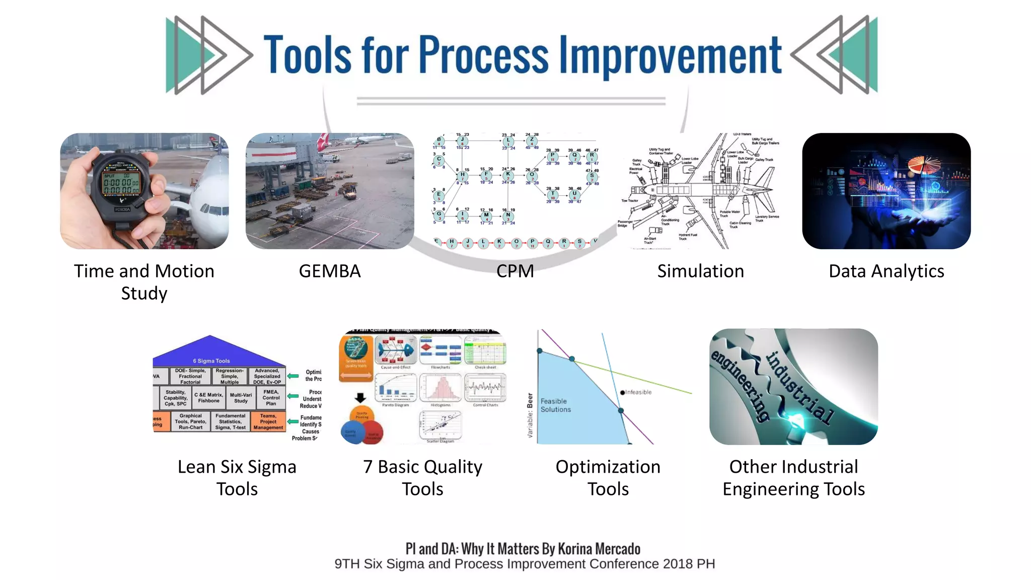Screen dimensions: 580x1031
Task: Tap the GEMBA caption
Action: pos(330,271)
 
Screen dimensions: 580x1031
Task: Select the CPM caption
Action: pos(515,271)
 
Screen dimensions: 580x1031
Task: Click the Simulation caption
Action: pos(700,271)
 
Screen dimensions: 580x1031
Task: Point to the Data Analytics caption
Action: pos(886,271)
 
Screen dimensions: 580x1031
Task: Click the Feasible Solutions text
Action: pos(555,405)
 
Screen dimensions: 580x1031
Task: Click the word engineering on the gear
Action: pos(740,385)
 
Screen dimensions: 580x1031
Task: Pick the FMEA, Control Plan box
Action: pos(271,397)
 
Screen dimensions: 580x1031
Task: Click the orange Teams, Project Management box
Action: pos(268,421)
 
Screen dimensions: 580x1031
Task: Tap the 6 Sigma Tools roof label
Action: pos(211,360)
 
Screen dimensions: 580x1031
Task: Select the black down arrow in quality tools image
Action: pos(360,398)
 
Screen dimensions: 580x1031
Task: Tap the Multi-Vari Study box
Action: pos(241,398)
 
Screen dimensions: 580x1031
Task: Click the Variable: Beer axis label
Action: pos(530,415)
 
